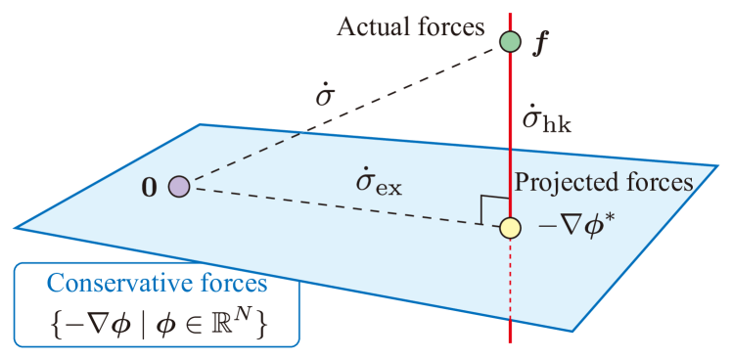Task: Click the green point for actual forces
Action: click(x=510, y=41)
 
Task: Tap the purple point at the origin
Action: click(x=178, y=186)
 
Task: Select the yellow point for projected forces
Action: click(x=509, y=229)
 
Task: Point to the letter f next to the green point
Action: click(x=536, y=45)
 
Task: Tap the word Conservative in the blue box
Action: click(x=104, y=284)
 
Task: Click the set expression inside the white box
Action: click(x=156, y=320)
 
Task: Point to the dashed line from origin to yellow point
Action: click(x=343, y=207)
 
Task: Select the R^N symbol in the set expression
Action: click(x=249, y=318)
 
